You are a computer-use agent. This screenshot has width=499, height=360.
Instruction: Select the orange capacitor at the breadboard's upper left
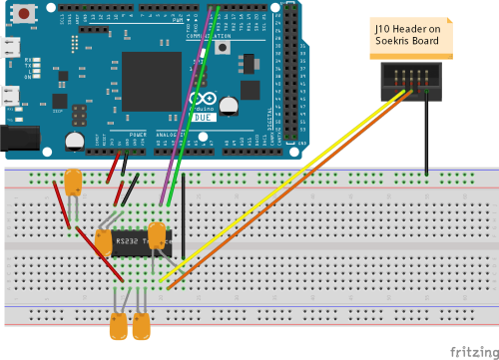pyautogui.click(x=72, y=182)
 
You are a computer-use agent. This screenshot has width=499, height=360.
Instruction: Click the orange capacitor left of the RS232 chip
pyautogui.click(x=103, y=242)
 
